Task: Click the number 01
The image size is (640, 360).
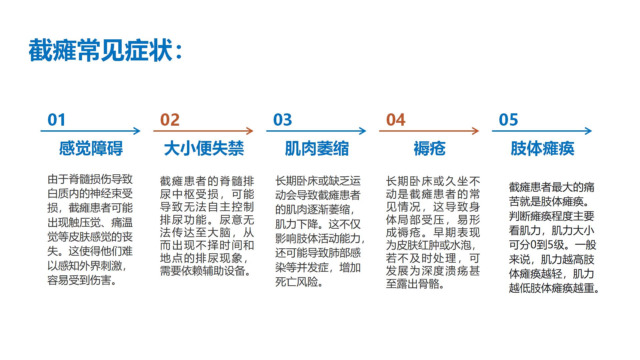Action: (x=57, y=120)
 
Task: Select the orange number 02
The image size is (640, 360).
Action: (x=170, y=120)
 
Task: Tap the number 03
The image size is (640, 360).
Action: (x=283, y=120)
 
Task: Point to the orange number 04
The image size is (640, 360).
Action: (x=396, y=120)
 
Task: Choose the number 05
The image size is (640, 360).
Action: (x=508, y=120)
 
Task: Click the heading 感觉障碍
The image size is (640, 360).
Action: (x=91, y=148)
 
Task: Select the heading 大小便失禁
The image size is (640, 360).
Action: (x=204, y=148)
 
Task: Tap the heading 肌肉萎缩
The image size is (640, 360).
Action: (x=317, y=148)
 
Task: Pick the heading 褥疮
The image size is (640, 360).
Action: (x=429, y=148)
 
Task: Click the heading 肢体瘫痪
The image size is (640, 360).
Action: (x=542, y=148)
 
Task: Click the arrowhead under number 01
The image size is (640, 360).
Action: (x=137, y=131)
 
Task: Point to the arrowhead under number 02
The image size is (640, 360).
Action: (x=250, y=131)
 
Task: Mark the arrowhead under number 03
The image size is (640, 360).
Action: (x=363, y=131)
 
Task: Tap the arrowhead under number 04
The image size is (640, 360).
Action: (x=476, y=131)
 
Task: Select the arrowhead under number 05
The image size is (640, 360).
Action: (x=589, y=131)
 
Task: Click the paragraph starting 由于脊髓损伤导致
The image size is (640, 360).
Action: (x=90, y=230)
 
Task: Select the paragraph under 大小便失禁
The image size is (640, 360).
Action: (x=207, y=226)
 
